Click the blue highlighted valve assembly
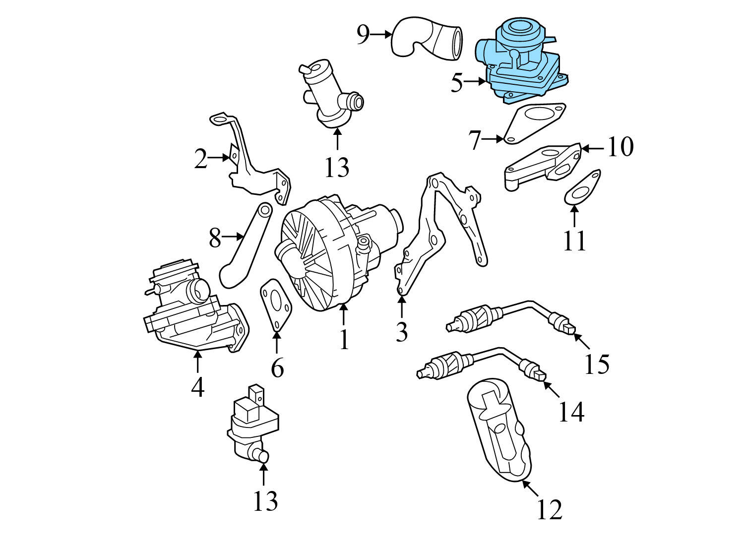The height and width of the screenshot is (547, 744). (x=521, y=62)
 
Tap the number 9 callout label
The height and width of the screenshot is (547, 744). (x=364, y=34)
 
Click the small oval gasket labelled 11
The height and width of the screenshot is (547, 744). (x=582, y=189)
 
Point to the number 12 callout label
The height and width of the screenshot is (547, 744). (x=550, y=509)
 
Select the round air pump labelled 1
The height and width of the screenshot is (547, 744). (x=330, y=253)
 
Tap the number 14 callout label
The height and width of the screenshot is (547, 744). (x=571, y=411)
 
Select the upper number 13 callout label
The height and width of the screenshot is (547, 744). (x=337, y=167)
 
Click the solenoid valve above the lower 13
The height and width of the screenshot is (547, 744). (x=253, y=424)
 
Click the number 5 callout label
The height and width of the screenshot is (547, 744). (x=457, y=83)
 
